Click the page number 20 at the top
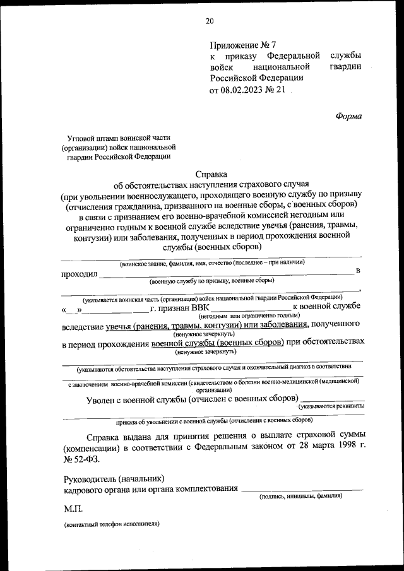(x=210, y=21)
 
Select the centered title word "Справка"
(x=210, y=174)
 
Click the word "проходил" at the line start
(x=79, y=274)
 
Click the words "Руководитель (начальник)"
(x=114, y=478)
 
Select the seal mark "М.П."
(x=73, y=508)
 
